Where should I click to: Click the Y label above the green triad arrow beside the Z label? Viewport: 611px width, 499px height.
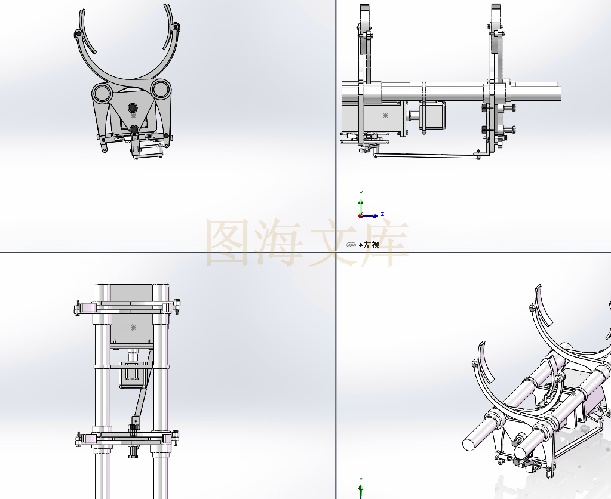[x=361, y=193]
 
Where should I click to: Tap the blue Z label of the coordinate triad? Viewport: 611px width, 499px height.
[x=383, y=214]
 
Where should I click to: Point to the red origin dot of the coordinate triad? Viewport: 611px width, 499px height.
[x=360, y=216]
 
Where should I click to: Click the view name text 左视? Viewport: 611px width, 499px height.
[x=371, y=245]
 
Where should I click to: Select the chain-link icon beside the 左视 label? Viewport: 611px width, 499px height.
[x=351, y=245]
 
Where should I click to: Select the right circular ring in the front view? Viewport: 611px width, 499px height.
[x=160, y=89]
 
